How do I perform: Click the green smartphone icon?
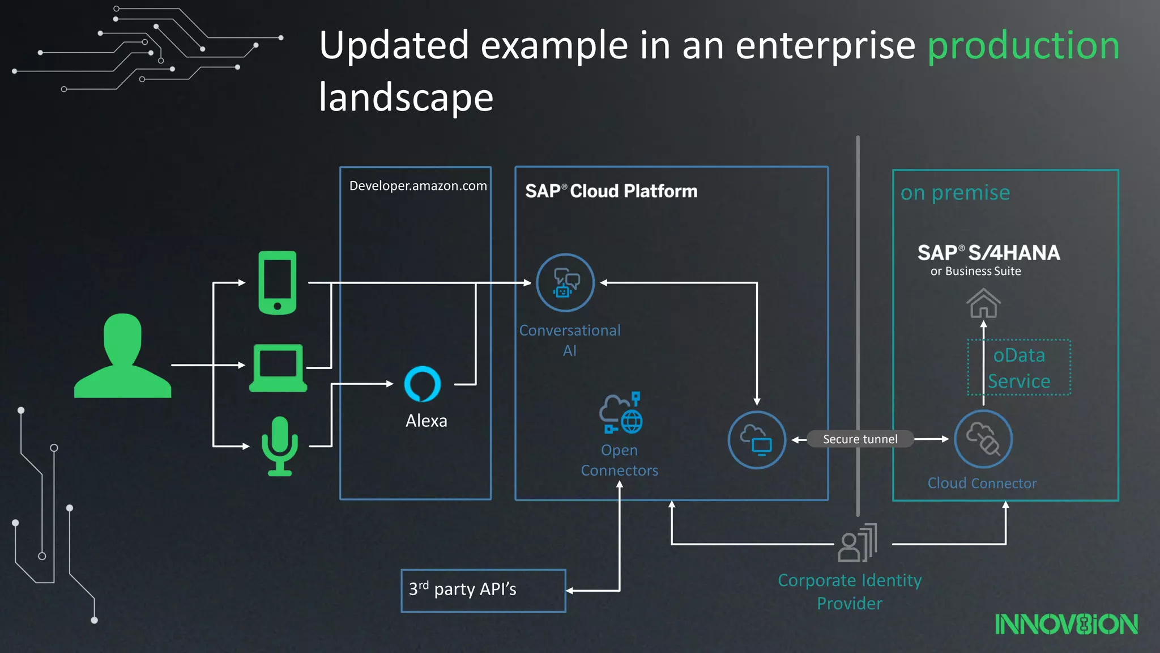tap(277, 282)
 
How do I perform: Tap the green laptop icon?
tap(278, 368)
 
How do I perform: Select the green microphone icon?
tap(279, 446)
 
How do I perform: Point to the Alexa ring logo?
tap(423, 384)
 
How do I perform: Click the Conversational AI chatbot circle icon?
tap(565, 282)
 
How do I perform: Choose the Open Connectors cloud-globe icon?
tap(621, 413)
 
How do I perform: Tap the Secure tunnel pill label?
tap(860, 439)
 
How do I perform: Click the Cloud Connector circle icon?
tap(983, 439)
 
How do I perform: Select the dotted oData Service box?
tap(1019, 367)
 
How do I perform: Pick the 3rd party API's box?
tap(483, 590)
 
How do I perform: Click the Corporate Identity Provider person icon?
tap(858, 544)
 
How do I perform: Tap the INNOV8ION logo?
tap(1066, 624)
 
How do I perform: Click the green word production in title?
tap(1023, 45)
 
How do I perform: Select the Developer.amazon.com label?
tap(418, 186)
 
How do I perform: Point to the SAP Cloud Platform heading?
tap(611, 192)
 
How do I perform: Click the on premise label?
tap(955, 193)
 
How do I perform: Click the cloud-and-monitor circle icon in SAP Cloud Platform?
tap(756, 439)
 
